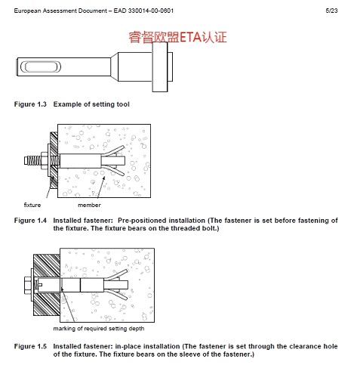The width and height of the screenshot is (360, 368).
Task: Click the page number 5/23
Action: tap(331, 11)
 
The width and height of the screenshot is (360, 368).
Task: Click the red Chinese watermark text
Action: tap(177, 37)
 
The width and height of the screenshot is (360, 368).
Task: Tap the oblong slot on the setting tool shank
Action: tap(40, 66)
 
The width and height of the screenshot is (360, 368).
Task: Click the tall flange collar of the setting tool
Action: tap(160, 66)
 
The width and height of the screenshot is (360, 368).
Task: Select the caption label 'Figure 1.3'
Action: tap(30, 104)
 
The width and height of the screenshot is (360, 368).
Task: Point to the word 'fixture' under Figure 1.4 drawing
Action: tap(32, 205)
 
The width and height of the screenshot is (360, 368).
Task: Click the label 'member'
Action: tap(89, 205)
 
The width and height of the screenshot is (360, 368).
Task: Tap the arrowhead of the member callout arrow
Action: tap(103, 178)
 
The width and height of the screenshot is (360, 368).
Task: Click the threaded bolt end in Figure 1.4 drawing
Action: tap(32, 160)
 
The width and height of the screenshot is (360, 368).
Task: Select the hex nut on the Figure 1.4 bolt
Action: tap(45, 160)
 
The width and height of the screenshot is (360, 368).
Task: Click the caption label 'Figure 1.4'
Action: tap(30, 221)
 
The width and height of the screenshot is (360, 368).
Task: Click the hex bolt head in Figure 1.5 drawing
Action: tap(28, 286)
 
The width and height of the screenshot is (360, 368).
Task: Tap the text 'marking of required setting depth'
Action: tap(99, 329)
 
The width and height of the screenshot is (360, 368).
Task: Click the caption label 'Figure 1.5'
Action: tap(30, 346)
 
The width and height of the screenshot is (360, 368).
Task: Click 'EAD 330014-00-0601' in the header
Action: tap(143, 11)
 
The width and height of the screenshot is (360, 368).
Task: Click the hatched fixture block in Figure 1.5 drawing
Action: tap(47, 285)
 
